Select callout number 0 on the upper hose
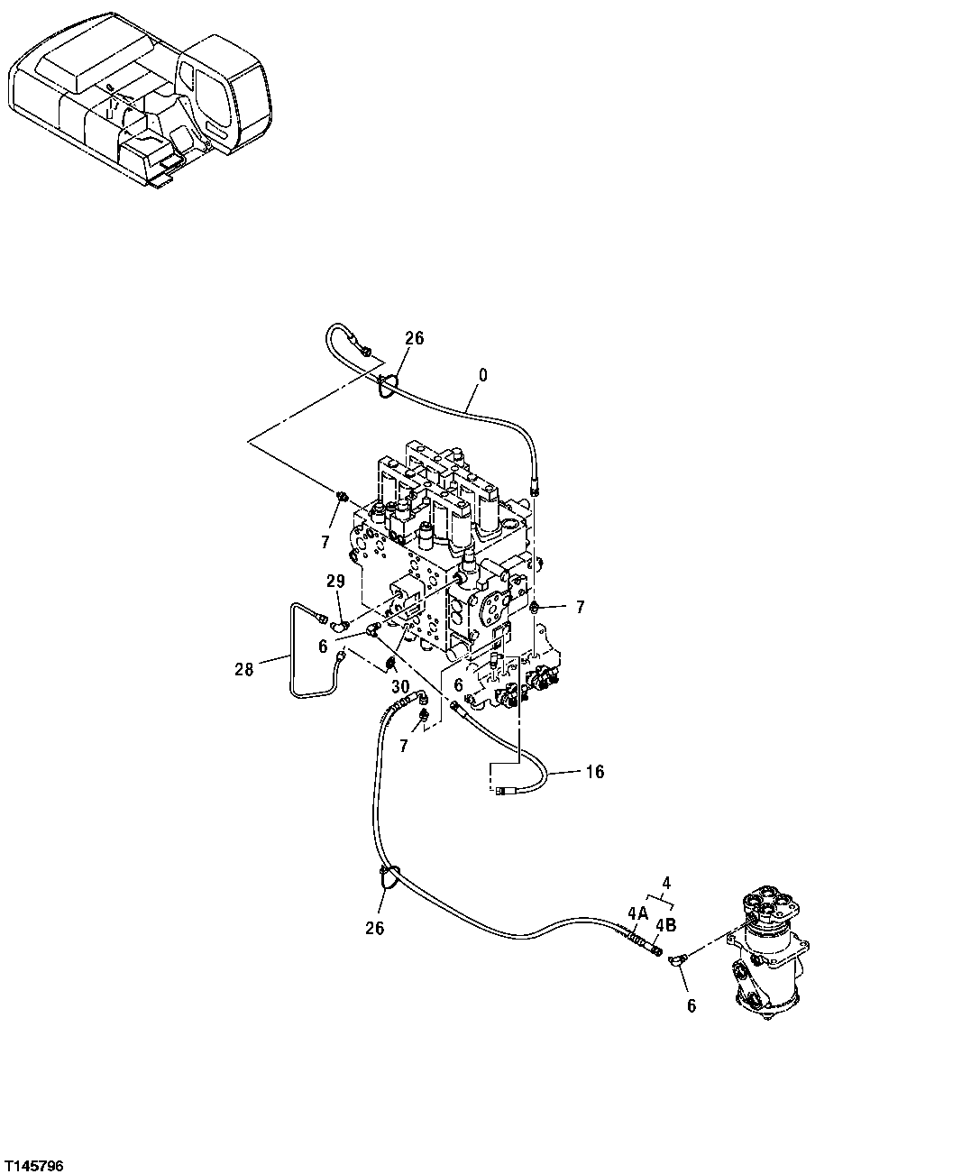click(482, 374)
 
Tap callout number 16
click(595, 772)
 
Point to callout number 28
click(243, 668)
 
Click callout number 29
click(335, 582)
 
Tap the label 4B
click(665, 924)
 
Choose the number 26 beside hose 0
click(414, 338)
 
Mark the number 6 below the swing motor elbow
click(692, 1006)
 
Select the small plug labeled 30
click(392, 665)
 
